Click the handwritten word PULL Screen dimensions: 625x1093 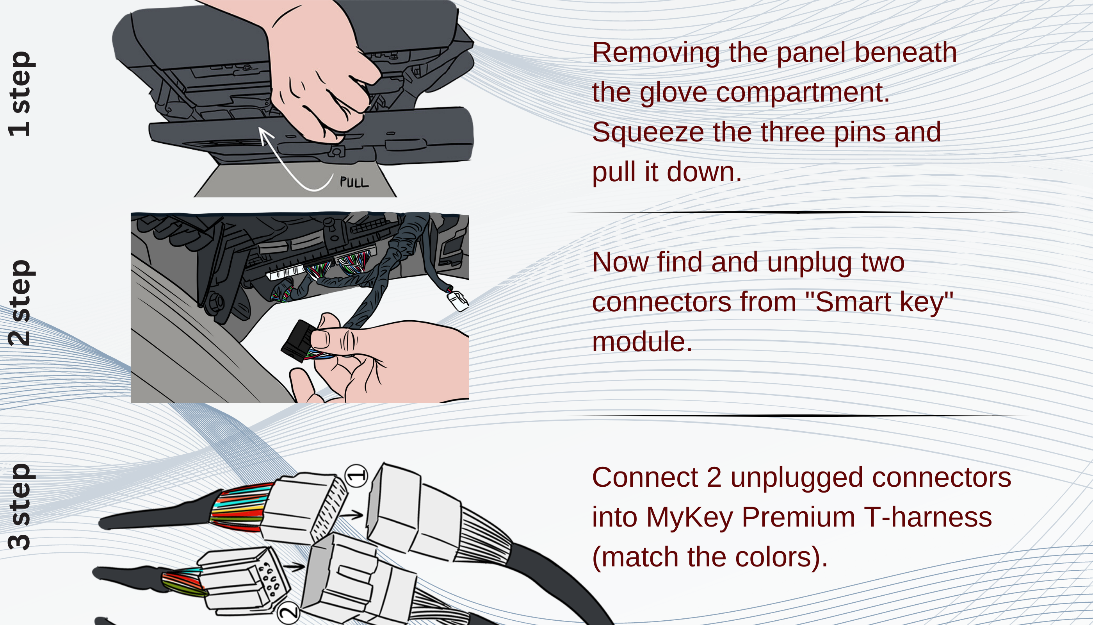tap(354, 182)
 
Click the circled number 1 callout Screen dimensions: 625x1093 tap(356, 476)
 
